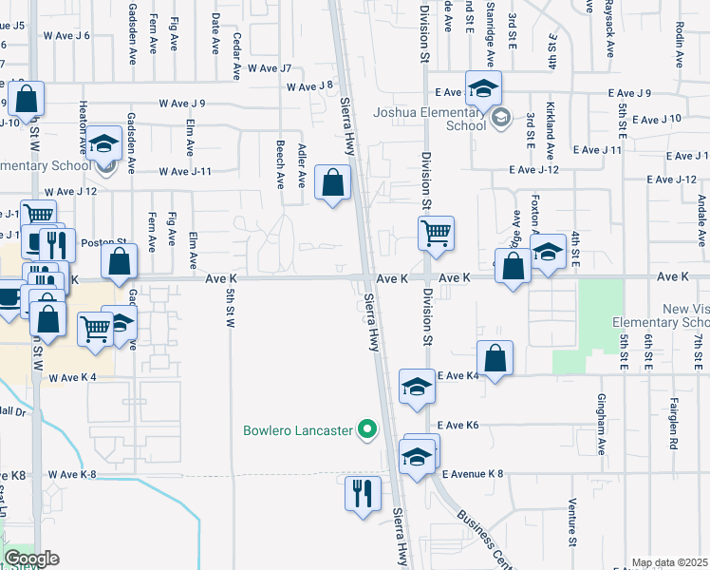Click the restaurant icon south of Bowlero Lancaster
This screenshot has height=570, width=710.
coord(362,494)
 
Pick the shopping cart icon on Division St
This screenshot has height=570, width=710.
coord(436,233)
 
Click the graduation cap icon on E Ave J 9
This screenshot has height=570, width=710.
coord(483,88)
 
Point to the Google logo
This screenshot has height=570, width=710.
coord(31,559)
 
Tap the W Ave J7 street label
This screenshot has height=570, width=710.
coord(270,68)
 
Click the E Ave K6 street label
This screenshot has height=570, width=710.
coord(458,425)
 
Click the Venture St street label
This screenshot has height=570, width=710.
coord(572,523)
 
